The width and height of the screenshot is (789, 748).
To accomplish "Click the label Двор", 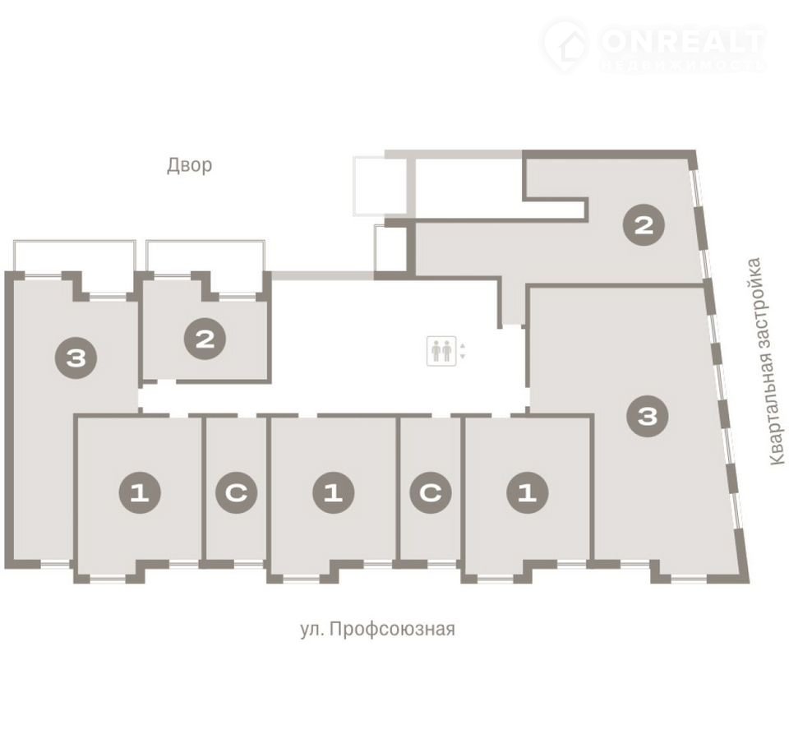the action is (x=189, y=165).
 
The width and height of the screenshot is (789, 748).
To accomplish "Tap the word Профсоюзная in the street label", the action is (x=393, y=629).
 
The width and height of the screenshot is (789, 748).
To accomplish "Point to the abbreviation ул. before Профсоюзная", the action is (x=312, y=629).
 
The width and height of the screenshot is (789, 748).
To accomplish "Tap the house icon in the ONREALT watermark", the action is (x=566, y=46).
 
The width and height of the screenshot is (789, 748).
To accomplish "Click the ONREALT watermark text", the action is (x=683, y=41).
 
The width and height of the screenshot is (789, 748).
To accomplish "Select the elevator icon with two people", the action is (x=441, y=350).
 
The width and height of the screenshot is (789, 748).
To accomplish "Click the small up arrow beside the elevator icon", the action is (x=463, y=346).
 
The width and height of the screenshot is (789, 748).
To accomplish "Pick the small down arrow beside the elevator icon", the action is (x=463, y=356).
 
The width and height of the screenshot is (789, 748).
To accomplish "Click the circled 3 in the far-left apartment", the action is (x=76, y=358).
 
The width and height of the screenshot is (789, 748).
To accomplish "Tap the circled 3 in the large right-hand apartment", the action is (x=647, y=416).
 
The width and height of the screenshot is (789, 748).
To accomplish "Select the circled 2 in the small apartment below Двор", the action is (x=205, y=339).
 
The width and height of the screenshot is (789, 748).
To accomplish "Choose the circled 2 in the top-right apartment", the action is (x=644, y=224).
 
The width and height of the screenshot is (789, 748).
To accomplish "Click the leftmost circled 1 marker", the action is (x=140, y=492).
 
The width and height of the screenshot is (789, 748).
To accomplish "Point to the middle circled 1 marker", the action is (x=333, y=492).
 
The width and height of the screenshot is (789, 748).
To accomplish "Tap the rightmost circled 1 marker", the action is (x=528, y=492).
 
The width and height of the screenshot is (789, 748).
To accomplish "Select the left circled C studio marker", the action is (x=237, y=492).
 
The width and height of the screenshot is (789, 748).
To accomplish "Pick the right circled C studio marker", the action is (x=431, y=492).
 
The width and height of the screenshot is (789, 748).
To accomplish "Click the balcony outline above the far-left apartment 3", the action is (x=75, y=242).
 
